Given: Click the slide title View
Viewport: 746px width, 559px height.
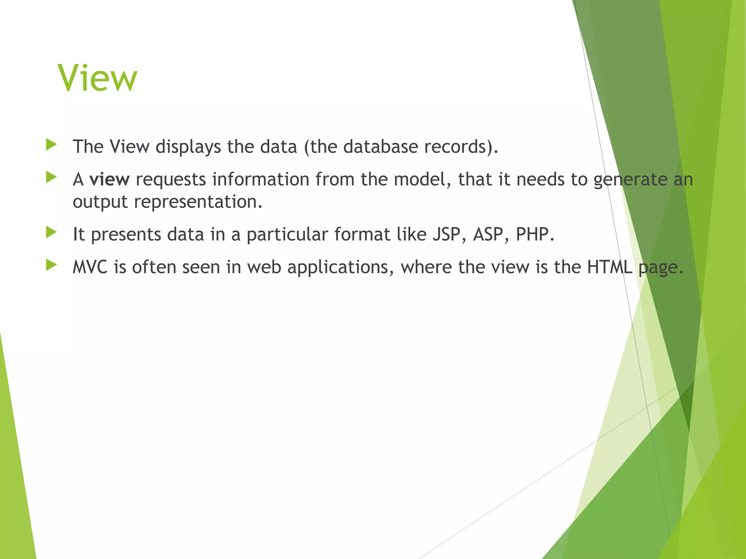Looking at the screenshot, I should (97, 78).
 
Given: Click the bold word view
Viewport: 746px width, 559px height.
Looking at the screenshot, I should (109, 179).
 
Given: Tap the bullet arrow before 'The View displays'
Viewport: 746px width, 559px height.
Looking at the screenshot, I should (51, 145).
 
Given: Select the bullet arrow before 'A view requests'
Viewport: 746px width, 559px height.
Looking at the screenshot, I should (51, 178).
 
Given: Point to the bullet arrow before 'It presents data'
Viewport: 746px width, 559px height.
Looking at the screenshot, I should (51, 232).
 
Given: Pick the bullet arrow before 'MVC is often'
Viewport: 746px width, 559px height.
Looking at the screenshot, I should (51, 265).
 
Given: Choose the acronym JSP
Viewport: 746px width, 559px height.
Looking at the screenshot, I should (449, 234).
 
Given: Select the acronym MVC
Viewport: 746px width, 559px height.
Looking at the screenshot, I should (90, 267).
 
